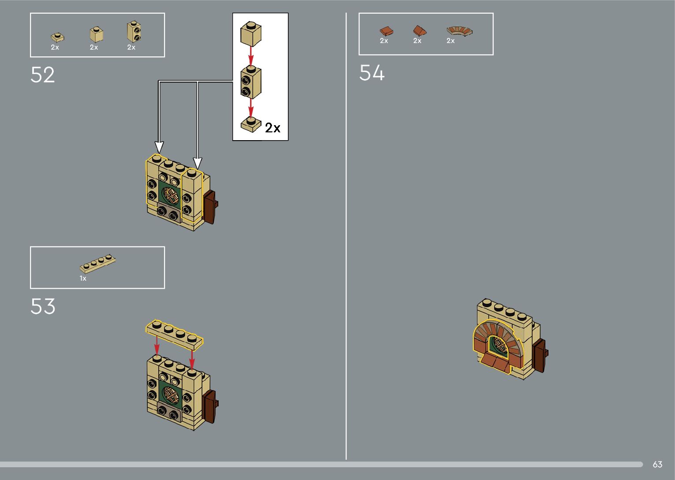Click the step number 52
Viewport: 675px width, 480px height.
(x=42, y=75)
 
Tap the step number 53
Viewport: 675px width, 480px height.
(x=43, y=306)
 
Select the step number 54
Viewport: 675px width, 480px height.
(x=372, y=73)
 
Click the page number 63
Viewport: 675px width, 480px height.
(x=657, y=464)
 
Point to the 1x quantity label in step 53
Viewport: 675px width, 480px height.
(x=83, y=279)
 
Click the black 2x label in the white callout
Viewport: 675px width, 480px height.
(x=272, y=128)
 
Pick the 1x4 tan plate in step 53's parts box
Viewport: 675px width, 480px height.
(x=97, y=263)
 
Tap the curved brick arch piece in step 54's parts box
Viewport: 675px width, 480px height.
(x=459, y=31)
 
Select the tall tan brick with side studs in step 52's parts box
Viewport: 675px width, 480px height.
(x=134, y=31)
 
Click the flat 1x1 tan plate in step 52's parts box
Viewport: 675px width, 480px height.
(x=57, y=37)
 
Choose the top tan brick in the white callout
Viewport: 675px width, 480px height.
(x=250, y=33)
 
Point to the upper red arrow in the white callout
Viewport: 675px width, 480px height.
(x=251, y=56)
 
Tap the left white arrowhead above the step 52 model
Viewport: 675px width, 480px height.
(x=159, y=147)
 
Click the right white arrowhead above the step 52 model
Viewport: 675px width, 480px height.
(x=198, y=163)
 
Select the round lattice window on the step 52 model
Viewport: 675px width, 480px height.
(x=170, y=196)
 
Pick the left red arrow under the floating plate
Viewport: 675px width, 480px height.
(x=157, y=346)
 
